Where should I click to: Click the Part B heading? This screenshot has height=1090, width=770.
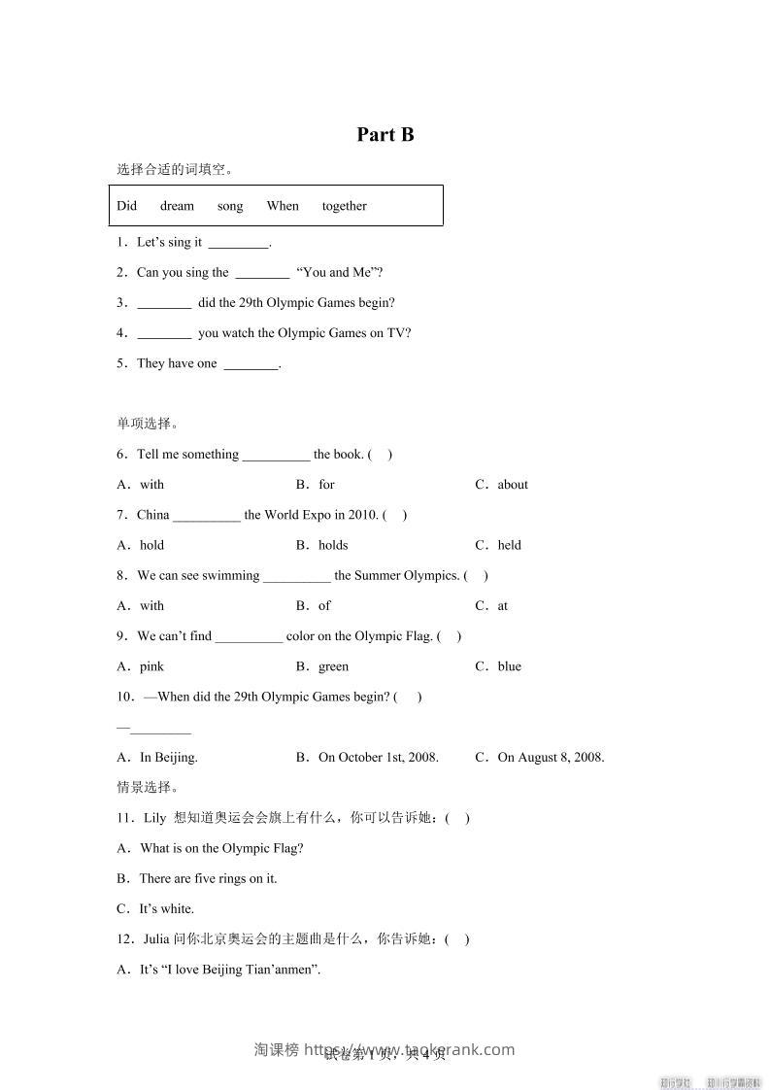[x=385, y=135]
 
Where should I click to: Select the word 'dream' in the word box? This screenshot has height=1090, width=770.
[x=177, y=206]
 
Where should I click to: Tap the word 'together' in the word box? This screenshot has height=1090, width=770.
[x=344, y=206]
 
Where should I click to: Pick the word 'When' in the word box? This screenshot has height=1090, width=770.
[x=283, y=206]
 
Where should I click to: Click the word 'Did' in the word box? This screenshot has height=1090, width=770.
[x=127, y=206]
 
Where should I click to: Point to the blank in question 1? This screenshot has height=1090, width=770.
[x=238, y=243]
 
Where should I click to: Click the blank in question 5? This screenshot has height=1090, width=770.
[x=251, y=364]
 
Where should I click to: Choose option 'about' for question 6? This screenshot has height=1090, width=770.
[x=513, y=485]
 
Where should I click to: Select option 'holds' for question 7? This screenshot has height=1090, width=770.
[x=333, y=545]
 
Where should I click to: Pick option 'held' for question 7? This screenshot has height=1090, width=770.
[x=509, y=545]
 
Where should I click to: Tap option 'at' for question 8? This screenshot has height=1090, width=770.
[x=503, y=606]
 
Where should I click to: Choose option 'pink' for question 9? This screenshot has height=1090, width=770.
[x=151, y=666]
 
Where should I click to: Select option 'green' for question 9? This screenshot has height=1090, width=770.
[x=333, y=666]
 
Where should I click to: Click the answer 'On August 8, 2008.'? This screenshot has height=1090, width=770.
[x=551, y=758]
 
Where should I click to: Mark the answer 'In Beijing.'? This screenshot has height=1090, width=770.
[x=169, y=758]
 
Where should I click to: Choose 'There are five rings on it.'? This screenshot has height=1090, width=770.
[x=208, y=878]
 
